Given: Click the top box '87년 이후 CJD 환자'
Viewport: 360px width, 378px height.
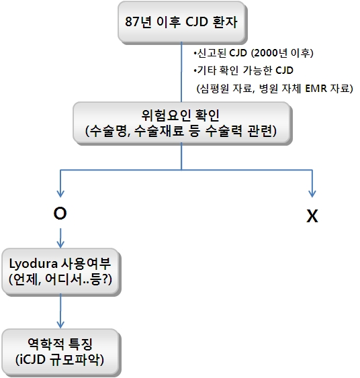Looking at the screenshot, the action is click(182, 22).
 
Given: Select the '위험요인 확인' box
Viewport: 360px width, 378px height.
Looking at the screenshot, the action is click(182, 123).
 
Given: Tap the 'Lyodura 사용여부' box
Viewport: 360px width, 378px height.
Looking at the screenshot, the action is click(60, 272).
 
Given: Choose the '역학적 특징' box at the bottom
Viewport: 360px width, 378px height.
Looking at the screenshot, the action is click(60, 352).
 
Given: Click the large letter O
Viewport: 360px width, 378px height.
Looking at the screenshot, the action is click(60, 214).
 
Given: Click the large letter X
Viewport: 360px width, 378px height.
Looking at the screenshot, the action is click(312, 216).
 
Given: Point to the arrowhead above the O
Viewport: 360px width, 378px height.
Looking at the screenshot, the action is click(60, 193).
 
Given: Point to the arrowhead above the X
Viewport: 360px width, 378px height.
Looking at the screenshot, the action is click(312, 193).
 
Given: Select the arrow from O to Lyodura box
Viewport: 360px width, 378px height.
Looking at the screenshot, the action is click(60, 238).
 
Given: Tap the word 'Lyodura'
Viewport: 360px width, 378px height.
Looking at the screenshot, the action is click(33, 264).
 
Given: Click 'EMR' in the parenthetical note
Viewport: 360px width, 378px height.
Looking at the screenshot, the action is click(316, 89).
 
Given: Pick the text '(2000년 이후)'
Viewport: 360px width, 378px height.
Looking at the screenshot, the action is click(282, 53).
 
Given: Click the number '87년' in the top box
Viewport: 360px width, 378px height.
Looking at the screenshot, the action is click(138, 22).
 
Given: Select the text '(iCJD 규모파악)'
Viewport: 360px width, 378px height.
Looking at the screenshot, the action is click(60, 360).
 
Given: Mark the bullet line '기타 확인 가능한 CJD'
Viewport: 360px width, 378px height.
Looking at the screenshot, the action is click(244, 70).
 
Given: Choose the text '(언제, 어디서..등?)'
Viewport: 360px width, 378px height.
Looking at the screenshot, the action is click(60, 280).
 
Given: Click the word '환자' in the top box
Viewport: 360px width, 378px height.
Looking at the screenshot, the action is click(225, 22).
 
